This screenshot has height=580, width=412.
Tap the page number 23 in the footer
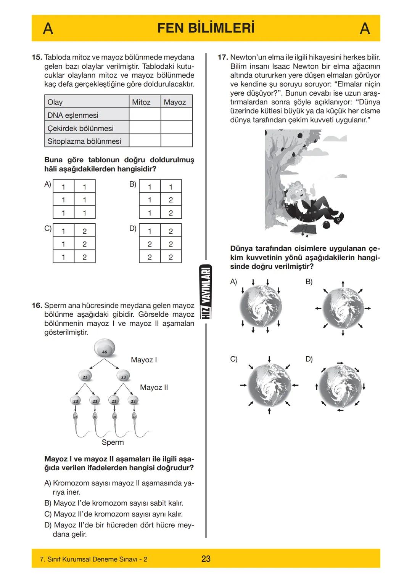[206, 559]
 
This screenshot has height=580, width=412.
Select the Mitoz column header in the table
[141, 102]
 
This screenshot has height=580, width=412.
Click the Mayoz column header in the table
[175, 102]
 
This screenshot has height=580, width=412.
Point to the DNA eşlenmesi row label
[73, 115]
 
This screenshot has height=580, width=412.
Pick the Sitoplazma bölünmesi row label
[84, 141]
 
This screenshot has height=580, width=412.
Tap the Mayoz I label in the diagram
[144, 360]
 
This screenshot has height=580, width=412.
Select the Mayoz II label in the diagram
[154, 387]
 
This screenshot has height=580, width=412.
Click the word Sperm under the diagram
[113, 442]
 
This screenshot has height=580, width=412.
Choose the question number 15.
[37, 58]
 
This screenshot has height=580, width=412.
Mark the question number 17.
[223, 58]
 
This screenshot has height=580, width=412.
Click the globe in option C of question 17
[269, 385]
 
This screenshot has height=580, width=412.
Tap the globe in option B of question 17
[343, 308]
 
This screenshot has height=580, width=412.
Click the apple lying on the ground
[327, 225]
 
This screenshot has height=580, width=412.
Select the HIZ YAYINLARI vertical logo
[206, 292]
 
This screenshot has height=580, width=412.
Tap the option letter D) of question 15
[133, 229]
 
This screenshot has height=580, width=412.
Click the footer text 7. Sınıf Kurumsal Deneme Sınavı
[93, 559]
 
